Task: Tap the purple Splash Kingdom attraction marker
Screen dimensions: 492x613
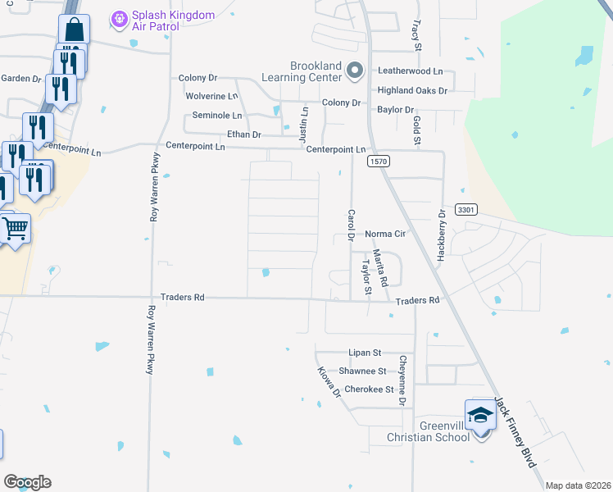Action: coord(119,16)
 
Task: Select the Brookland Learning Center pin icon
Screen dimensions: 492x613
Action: coord(354,71)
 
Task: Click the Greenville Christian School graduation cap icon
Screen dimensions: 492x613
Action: coord(480,415)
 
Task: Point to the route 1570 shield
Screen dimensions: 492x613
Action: coord(378,162)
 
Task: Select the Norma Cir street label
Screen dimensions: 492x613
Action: coord(386,234)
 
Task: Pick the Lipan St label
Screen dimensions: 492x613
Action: coord(365,353)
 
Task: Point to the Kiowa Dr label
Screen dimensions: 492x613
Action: coord(329,382)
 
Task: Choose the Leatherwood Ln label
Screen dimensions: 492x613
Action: coord(409,71)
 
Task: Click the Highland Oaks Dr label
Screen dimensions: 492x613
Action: coord(412,90)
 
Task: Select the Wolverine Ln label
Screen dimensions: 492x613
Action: coord(211,96)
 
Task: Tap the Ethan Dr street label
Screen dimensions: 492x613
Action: coord(243,134)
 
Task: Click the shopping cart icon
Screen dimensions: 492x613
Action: coord(14,229)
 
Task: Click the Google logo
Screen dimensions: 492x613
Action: coord(27,482)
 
